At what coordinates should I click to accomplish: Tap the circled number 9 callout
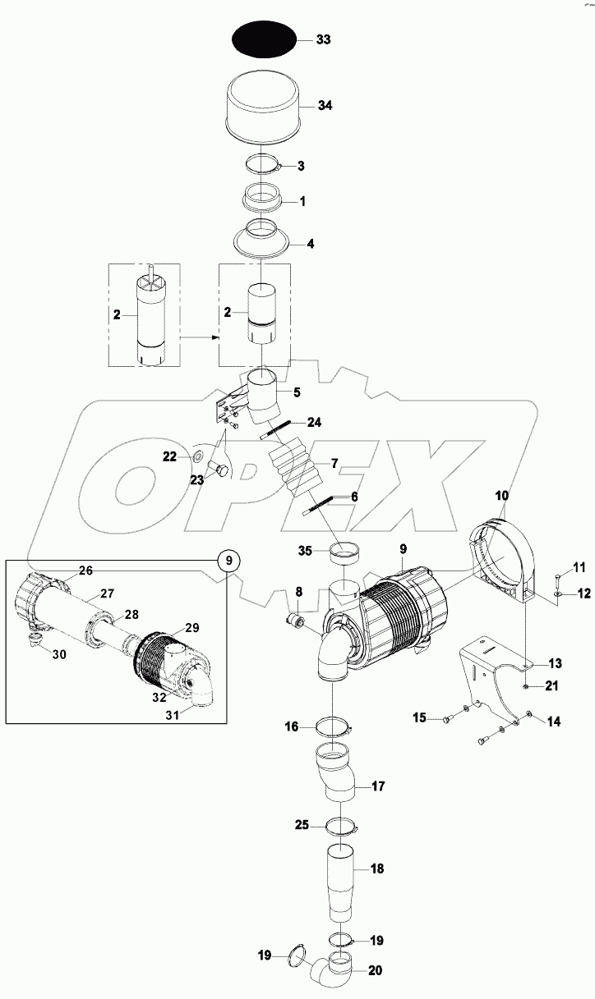(x=229, y=561)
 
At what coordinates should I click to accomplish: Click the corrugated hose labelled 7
(x=293, y=470)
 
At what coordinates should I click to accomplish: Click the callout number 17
(x=379, y=786)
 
